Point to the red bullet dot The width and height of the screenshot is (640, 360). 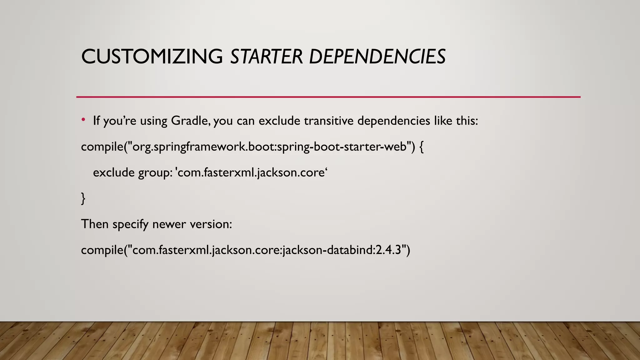pos(83,120)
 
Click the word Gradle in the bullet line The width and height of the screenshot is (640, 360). pos(190,121)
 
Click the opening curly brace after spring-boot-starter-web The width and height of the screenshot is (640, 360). pos(421,147)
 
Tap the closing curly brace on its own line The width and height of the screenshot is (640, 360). pos(83,198)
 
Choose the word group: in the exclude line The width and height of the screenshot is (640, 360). pos(155,173)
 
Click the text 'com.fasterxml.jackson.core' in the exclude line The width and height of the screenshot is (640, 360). pos(252,172)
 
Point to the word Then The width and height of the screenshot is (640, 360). pos(95,224)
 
